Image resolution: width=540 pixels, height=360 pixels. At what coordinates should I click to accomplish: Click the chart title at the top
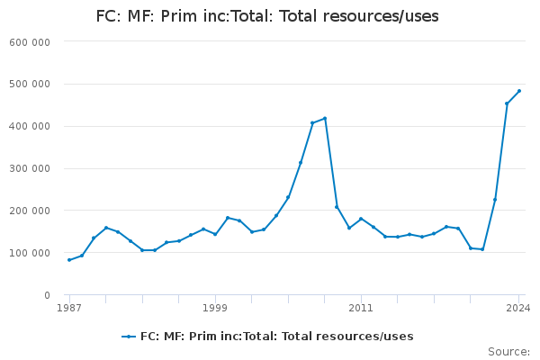tap(267, 16)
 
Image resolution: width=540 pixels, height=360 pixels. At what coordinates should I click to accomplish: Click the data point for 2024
tap(519, 91)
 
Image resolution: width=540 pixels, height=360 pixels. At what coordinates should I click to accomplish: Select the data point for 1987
tap(69, 260)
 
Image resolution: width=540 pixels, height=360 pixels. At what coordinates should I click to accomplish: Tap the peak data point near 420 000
tap(325, 119)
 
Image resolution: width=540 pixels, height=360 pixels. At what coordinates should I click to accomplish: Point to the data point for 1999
tap(215, 234)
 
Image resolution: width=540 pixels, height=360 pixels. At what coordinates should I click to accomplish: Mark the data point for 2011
tap(361, 219)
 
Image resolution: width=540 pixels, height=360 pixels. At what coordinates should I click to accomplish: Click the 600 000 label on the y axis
tap(30, 42)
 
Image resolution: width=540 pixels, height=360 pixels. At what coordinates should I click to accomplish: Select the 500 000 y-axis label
tap(30, 85)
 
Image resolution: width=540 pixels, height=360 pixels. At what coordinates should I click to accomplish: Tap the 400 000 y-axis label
tap(30, 126)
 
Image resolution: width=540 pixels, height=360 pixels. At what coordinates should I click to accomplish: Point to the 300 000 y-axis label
tap(30, 169)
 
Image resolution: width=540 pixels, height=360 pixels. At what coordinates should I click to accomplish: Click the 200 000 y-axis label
tap(30, 211)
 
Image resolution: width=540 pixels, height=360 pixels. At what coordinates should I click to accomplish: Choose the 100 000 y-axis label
tap(30, 253)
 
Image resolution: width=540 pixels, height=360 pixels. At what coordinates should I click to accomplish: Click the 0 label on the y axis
tap(47, 295)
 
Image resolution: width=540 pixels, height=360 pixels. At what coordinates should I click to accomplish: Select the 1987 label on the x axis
tap(69, 308)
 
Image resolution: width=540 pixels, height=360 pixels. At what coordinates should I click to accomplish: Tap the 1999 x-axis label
tap(215, 308)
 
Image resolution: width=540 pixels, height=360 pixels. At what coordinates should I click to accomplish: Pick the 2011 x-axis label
tap(361, 308)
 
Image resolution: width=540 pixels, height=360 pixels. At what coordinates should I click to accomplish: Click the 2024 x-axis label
tap(518, 308)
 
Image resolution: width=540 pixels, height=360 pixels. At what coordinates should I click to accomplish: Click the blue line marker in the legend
tap(129, 337)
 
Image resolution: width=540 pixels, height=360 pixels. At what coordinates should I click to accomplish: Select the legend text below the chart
tap(277, 337)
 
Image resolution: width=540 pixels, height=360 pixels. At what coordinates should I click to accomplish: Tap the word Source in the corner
tap(509, 352)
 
